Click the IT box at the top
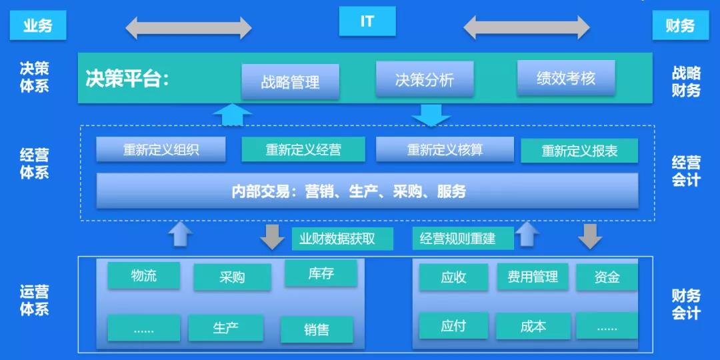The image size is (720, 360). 367,21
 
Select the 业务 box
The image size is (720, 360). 38,25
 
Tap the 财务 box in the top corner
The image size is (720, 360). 681,25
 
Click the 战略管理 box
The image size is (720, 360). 290,82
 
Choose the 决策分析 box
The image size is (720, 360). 425,79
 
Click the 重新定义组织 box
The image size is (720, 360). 161,149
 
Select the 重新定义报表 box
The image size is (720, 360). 579,151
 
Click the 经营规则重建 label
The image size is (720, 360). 457,238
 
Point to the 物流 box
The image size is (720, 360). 144,275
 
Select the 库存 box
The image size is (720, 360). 321,274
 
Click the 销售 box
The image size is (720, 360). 317,330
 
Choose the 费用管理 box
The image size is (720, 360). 533,277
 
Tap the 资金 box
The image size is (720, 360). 607,277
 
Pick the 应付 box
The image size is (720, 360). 454,326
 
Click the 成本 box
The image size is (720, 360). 533,327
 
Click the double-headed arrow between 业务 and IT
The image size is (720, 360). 189,27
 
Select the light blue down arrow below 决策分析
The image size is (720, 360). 431,115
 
